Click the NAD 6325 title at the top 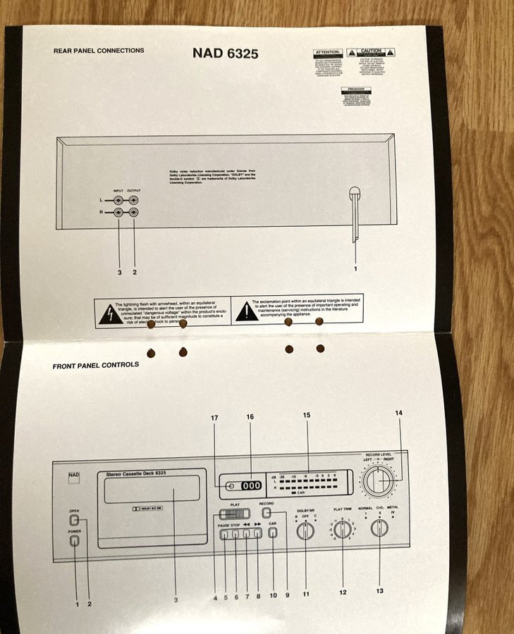coord(225,53)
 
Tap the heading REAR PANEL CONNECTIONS coord(99,51)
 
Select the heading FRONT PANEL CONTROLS coord(95,365)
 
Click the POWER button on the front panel coord(74,542)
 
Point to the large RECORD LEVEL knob coord(379,481)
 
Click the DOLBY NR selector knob coord(305,530)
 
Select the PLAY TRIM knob coord(343,530)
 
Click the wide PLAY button coord(235,514)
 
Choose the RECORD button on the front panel coord(266,514)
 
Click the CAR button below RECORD coord(272,533)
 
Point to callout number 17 coord(215,418)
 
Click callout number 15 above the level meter coord(307,416)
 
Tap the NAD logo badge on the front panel coord(74,478)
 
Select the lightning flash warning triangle coord(109,313)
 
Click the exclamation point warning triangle coord(246,311)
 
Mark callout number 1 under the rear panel coord(355,268)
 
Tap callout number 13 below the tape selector coord(379,590)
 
